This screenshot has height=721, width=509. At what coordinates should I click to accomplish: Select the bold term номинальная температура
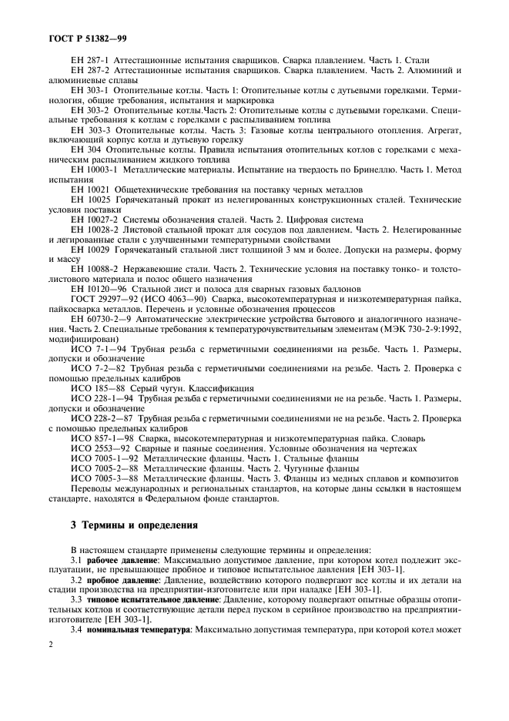pyautogui.click(x=139, y=629)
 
